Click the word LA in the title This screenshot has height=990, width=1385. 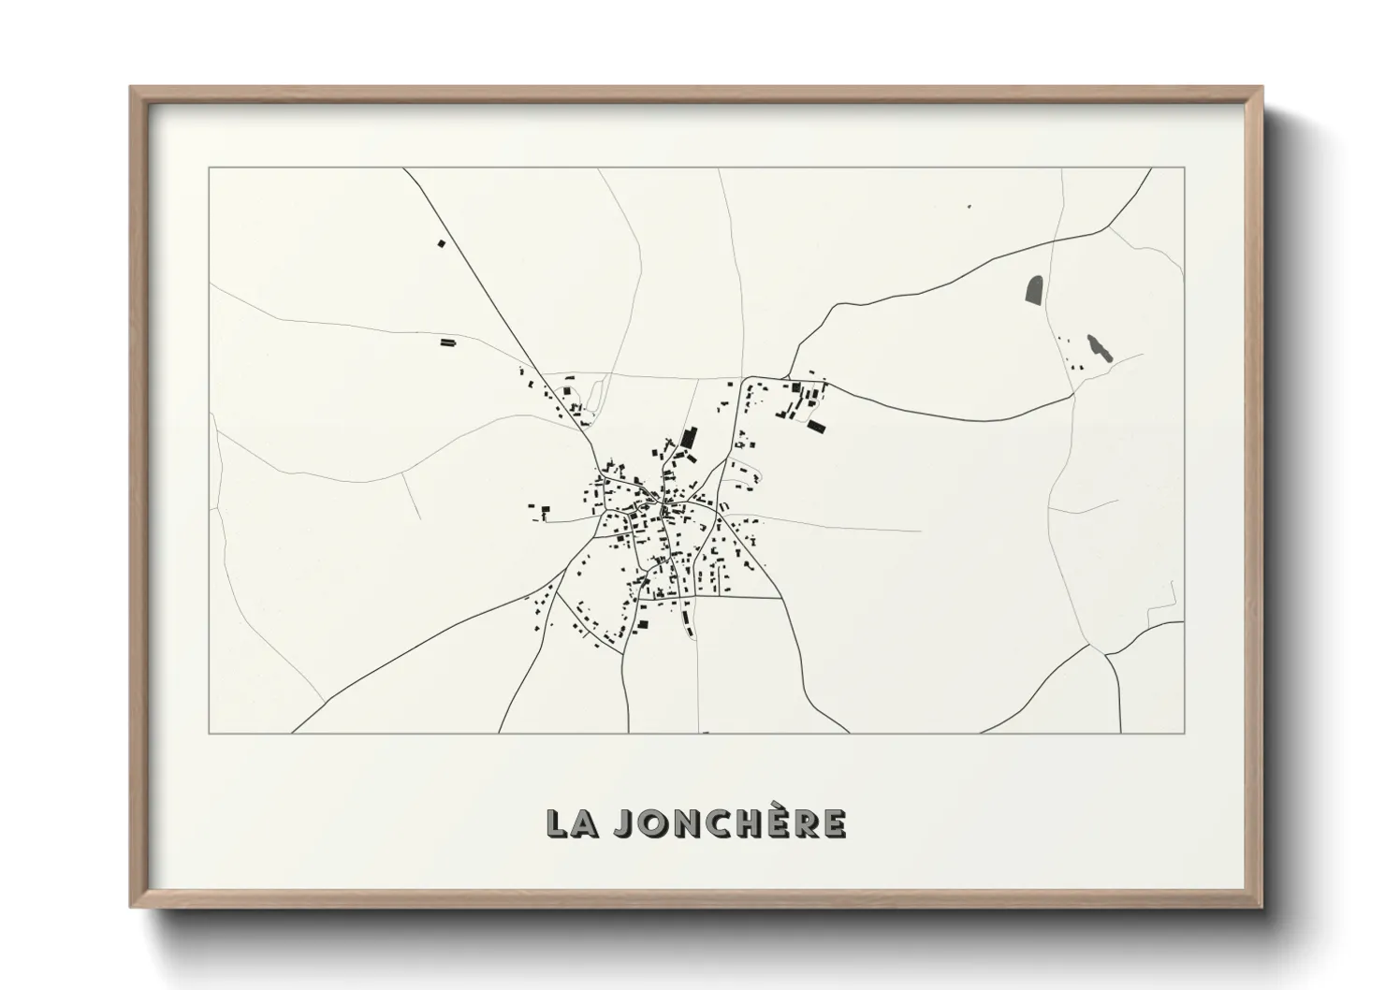tap(571, 823)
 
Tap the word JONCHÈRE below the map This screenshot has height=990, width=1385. tap(730, 823)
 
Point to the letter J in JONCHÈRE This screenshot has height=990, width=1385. tap(623, 823)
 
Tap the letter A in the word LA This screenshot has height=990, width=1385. tap(585, 823)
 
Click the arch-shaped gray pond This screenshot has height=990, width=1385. tap(1034, 290)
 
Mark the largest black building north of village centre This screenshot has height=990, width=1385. tap(690, 438)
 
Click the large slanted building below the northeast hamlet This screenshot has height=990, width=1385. tap(817, 427)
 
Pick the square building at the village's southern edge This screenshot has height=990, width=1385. tap(643, 624)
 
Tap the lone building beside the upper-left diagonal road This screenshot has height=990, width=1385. tap(442, 243)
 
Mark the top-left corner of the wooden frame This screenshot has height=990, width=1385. tap(131, 88)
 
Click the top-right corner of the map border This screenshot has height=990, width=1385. tap(1184, 168)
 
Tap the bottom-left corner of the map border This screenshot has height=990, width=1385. tap(209, 733)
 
